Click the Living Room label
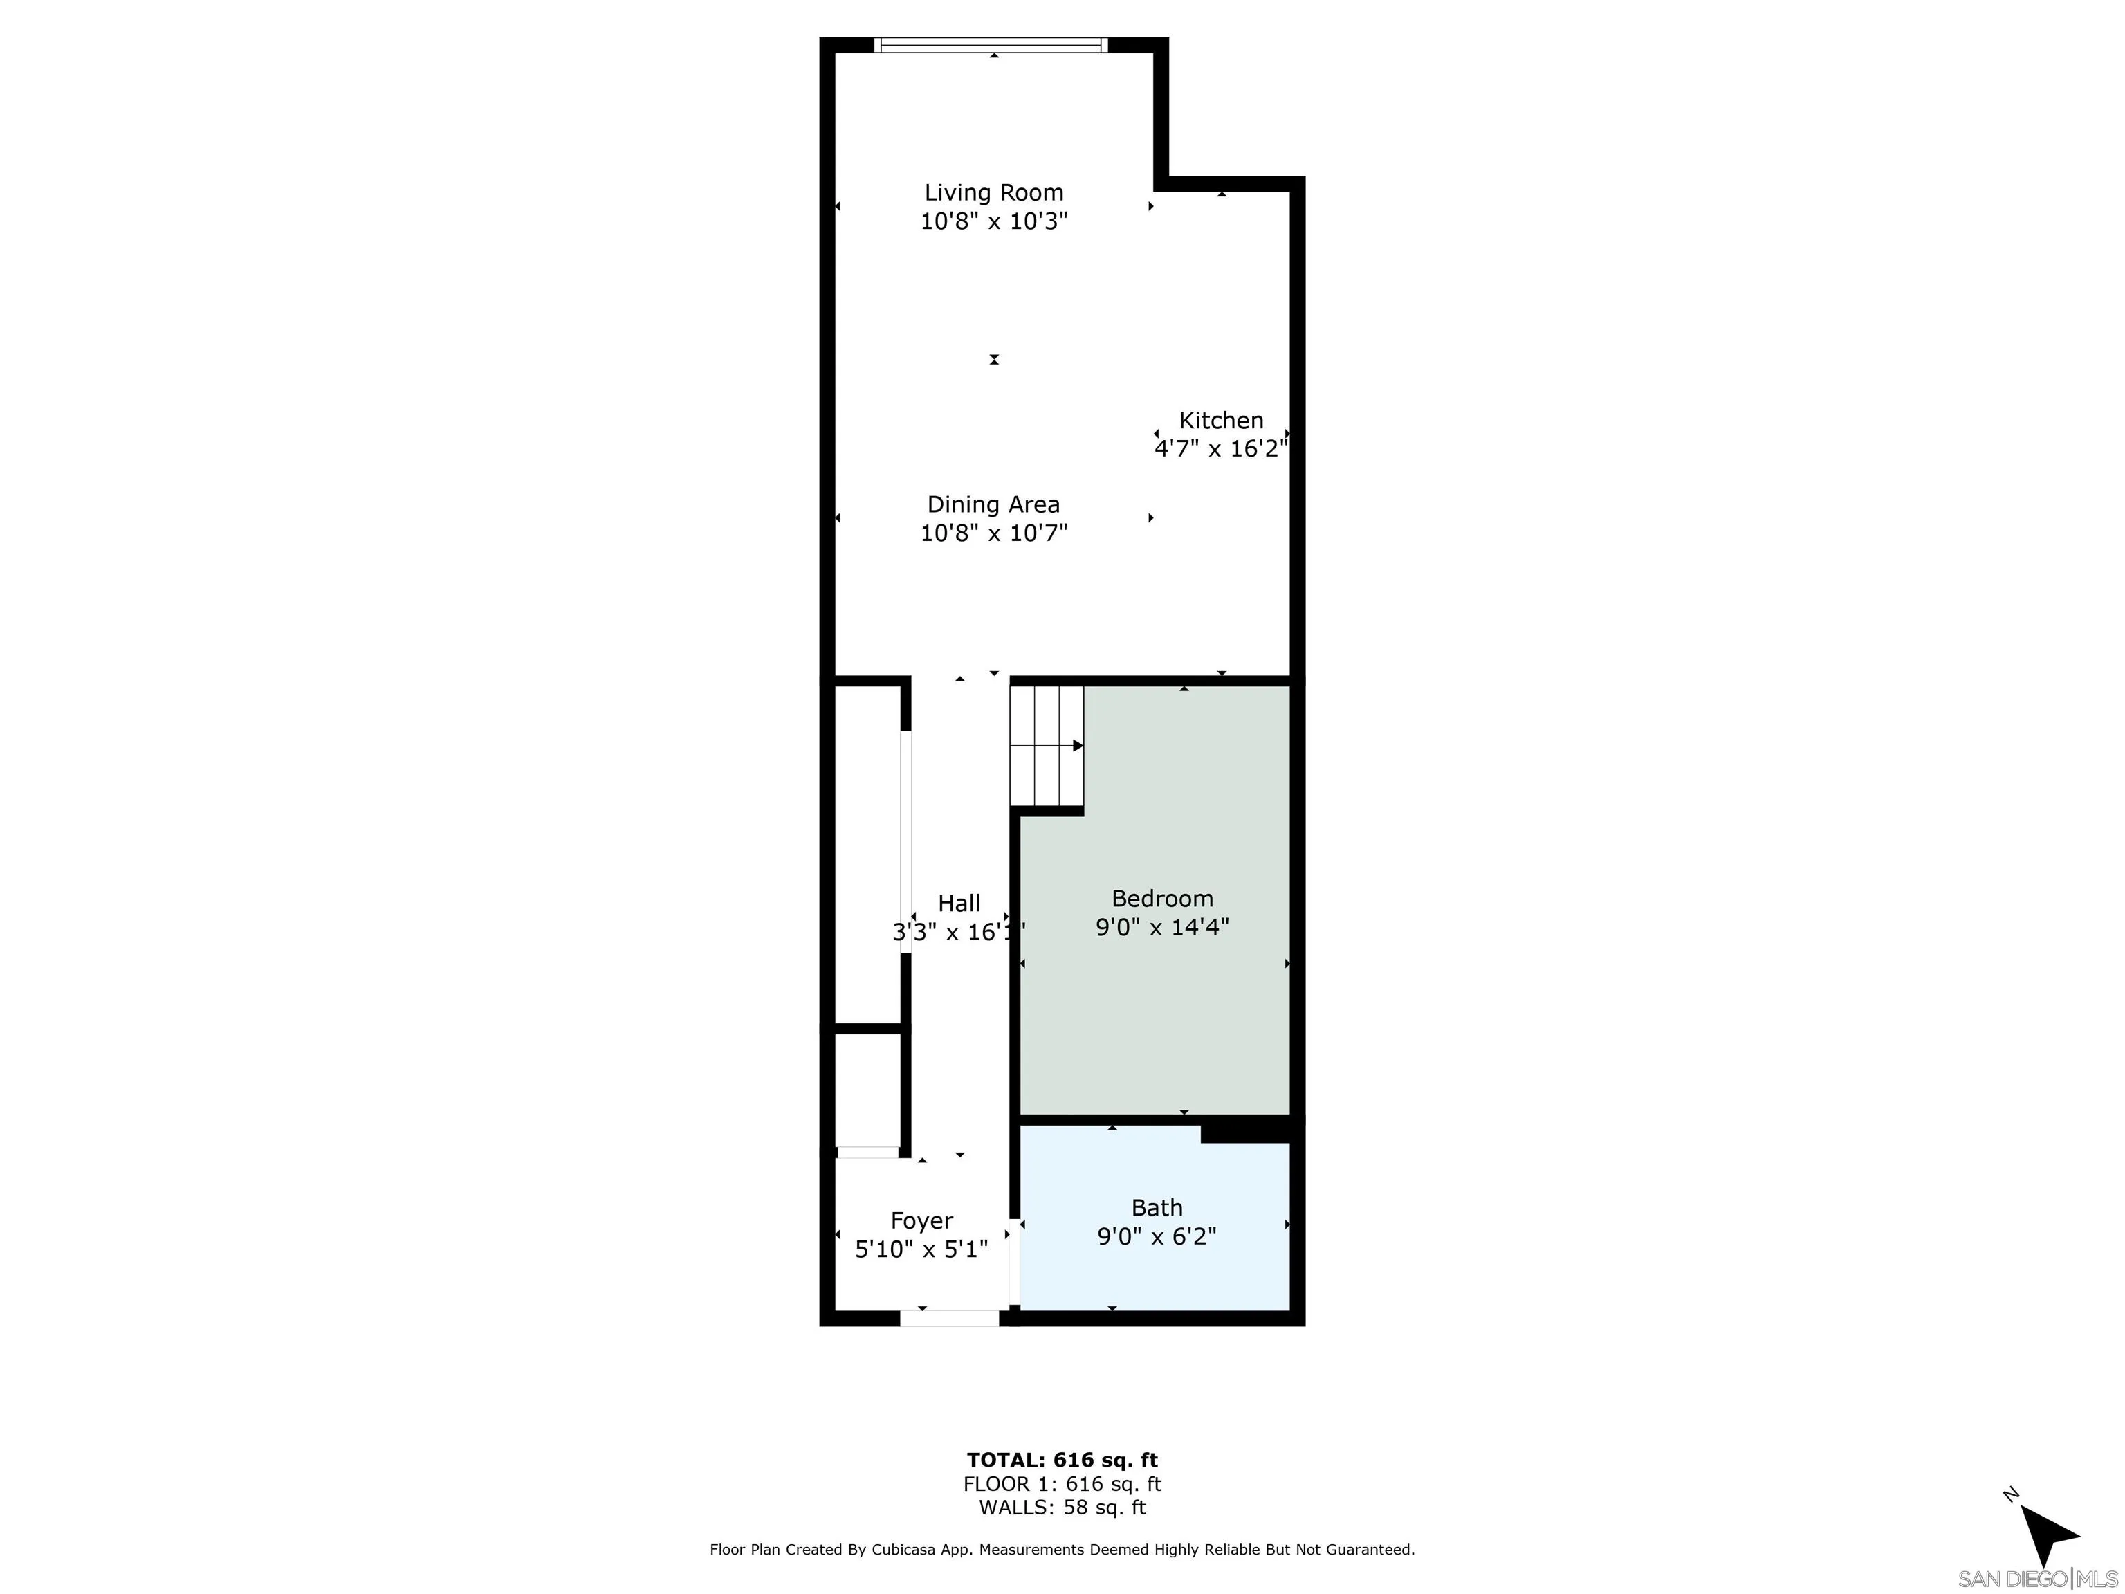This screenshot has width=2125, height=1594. (x=993, y=193)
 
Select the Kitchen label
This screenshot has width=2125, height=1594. (x=1221, y=421)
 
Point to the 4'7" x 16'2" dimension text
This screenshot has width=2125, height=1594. (x=1220, y=449)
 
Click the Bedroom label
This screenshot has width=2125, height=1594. (x=1161, y=899)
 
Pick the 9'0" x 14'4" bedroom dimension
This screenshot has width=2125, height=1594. (x=1161, y=927)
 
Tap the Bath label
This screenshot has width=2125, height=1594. (x=1157, y=1208)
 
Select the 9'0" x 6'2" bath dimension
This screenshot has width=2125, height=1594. (x=1157, y=1236)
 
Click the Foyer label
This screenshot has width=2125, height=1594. (x=921, y=1221)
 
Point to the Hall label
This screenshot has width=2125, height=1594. (x=959, y=903)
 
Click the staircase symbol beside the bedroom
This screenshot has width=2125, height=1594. (x=1046, y=746)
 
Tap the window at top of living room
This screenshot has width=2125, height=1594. (x=991, y=44)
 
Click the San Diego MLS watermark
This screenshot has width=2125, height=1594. (x=2036, y=1579)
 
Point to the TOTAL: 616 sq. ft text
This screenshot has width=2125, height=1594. (x=1062, y=1461)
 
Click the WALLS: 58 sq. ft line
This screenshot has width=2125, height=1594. (x=1062, y=1508)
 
